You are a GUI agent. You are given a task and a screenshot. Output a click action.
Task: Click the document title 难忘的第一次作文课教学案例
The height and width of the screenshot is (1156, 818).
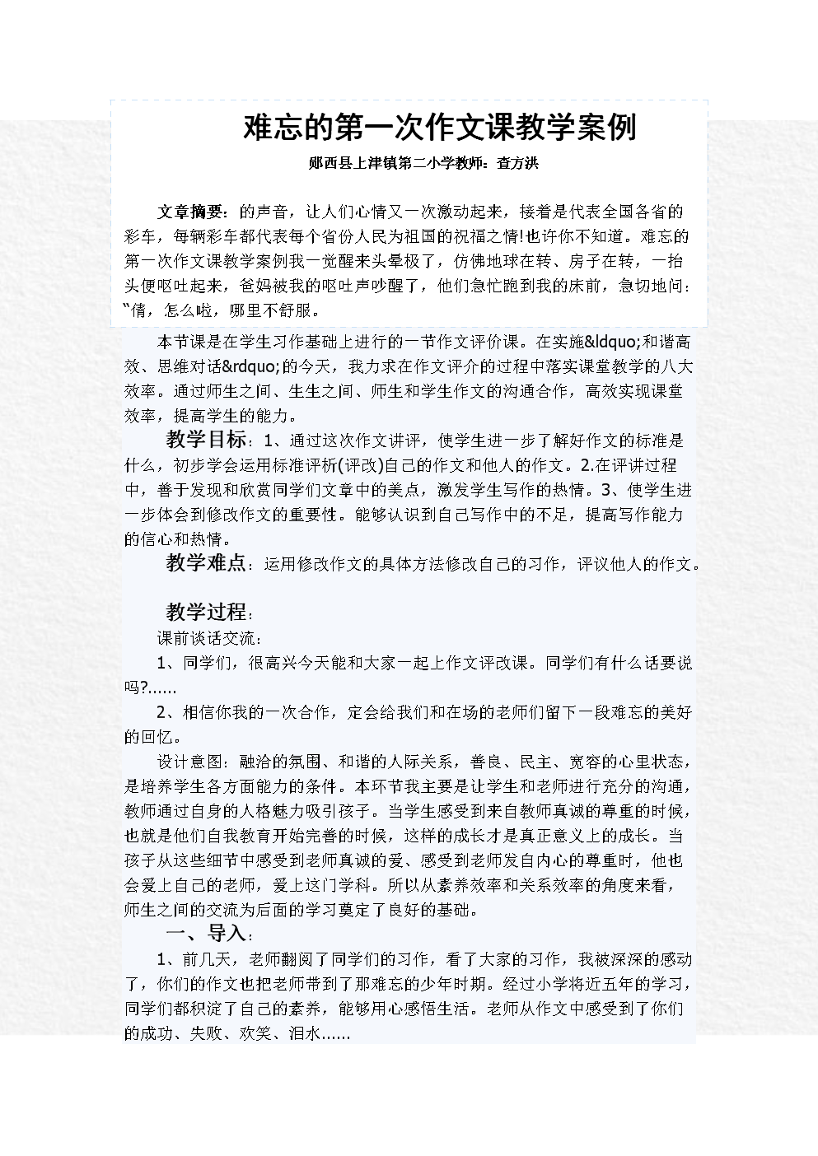[x=439, y=128]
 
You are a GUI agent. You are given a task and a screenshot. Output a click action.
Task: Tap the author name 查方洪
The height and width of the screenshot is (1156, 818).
[x=517, y=164]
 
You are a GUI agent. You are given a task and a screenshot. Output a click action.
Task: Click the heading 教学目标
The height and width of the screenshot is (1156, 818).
[x=205, y=440]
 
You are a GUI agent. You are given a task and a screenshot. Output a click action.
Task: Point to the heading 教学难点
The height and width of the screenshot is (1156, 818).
[x=205, y=563]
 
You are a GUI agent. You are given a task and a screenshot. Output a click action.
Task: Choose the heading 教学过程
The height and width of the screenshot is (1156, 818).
[x=205, y=613]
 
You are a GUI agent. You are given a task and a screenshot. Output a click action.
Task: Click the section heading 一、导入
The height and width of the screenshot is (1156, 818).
[x=205, y=934]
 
